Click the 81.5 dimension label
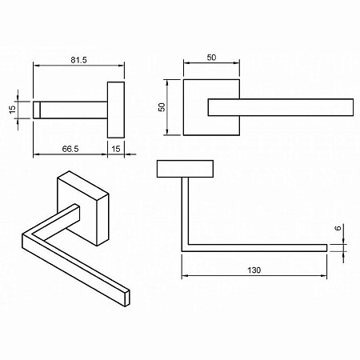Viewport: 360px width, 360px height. [x=78, y=58]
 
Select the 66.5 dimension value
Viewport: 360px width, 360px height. [x=70, y=148]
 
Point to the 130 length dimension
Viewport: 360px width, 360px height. [x=254, y=270]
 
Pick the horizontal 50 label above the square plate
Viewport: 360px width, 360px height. [x=211, y=58]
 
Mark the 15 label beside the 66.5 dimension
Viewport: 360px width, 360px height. [x=116, y=148]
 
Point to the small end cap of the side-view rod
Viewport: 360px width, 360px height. [x=37, y=107]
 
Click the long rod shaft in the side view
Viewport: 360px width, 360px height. [x=72, y=107]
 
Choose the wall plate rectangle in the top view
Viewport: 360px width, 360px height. [x=186, y=169]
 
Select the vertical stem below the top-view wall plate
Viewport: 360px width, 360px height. [x=186, y=212]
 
